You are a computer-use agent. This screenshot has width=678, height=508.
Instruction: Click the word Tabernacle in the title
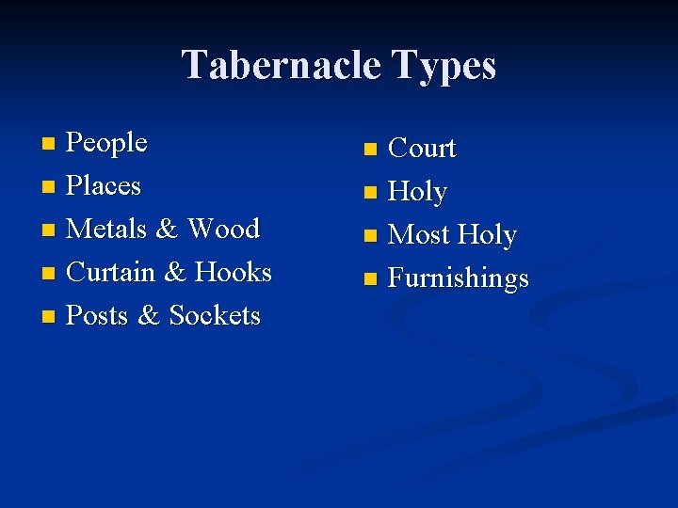click(280, 66)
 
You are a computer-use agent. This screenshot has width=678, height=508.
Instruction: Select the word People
click(107, 143)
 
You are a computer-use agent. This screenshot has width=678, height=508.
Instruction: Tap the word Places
click(105, 186)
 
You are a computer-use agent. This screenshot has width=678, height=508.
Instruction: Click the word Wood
click(223, 229)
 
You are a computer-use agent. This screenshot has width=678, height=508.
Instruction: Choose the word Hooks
click(233, 272)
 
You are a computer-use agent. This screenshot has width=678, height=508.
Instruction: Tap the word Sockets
click(215, 315)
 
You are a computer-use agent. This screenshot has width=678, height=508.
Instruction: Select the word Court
click(422, 149)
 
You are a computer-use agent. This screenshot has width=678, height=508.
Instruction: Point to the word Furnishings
click(459, 278)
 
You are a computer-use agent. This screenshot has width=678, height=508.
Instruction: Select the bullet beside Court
click(370, 150)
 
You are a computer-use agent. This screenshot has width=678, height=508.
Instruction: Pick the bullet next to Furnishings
click(370, 279)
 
